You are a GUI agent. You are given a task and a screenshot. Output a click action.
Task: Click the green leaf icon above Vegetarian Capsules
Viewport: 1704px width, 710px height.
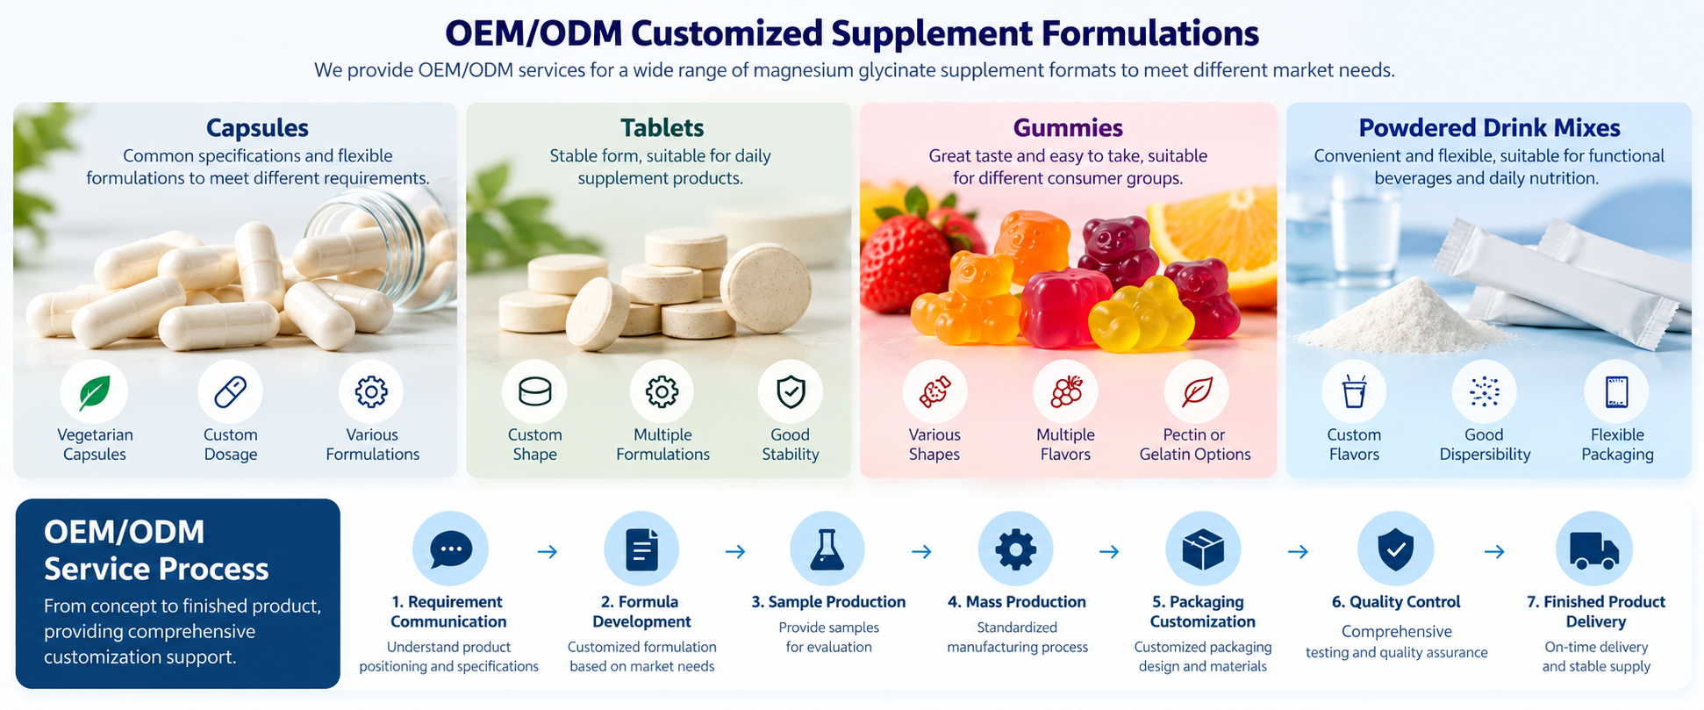click(94, 392)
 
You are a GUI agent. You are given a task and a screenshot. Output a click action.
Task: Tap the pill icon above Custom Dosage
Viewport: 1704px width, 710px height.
click(231, 391)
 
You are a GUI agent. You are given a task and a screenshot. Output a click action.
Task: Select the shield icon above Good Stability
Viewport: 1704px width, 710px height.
click(791, 391)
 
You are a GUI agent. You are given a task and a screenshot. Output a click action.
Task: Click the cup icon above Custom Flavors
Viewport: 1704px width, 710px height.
click(1354, 391)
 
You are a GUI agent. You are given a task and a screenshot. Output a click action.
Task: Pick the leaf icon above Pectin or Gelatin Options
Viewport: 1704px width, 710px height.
click(1197, 392)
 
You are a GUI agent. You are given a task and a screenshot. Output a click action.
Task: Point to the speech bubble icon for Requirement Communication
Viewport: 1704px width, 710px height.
click(451, 549)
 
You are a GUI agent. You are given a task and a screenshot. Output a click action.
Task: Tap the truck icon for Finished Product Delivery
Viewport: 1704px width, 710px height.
click(1594, 550)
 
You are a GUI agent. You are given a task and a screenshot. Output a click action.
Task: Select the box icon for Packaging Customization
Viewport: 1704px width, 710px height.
click(1203, 550)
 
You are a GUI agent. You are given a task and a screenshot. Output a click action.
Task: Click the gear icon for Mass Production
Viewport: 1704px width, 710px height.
click(1016, 549)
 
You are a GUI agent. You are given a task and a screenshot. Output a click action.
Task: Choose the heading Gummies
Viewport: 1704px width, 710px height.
click(1068, 128)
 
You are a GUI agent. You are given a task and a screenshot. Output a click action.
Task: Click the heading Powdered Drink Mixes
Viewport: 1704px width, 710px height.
click(1489, 128)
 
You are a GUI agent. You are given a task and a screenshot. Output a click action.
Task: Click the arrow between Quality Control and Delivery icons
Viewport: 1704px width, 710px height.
click(1494, 551)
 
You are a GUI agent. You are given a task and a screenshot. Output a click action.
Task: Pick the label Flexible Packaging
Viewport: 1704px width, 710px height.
click(1617, 444)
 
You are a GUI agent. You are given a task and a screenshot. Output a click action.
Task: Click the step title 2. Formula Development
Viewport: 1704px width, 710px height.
click(641, 612)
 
